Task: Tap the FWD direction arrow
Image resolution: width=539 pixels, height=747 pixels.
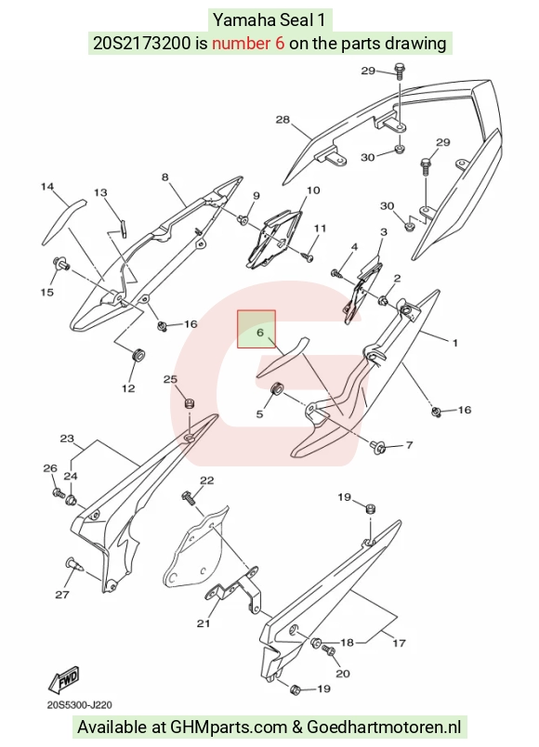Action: click(x=63, y=680)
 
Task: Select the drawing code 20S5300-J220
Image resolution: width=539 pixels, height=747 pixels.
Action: click(x=80, y=704)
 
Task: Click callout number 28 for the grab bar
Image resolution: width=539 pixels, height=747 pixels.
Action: click(x=283, y=119)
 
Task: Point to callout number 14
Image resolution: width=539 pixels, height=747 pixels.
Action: click(x=47, y=186)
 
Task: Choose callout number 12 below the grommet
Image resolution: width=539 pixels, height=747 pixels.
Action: click(x=128, y=388)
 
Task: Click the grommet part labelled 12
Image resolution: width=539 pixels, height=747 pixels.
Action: click(x=138, y=356)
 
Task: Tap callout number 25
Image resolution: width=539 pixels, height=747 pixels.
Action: click(x=170, y=379)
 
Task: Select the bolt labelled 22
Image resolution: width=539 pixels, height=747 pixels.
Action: click(x=190, y=499)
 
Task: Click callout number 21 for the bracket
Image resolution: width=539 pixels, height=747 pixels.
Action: click(x=204, y=623)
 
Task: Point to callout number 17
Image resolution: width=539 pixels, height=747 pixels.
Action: click(x=399, y=643)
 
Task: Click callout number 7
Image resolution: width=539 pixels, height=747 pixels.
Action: click(x=410, y=445)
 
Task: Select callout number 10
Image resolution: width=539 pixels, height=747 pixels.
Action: click(x=313, y=190)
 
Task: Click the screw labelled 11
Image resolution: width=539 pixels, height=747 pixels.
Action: click(x=308, y=256)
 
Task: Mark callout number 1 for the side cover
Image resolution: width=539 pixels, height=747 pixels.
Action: click(x=454, y=343)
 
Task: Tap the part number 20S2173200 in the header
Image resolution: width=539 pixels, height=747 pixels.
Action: click(x=141, y=44)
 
